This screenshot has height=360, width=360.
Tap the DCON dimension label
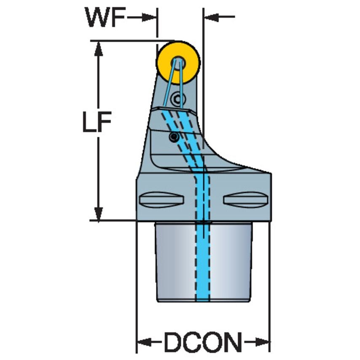203,341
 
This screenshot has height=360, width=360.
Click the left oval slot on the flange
162,199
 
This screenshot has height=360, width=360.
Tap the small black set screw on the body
173,137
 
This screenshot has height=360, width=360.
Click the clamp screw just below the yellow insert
178,99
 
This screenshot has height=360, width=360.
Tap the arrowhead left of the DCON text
144,341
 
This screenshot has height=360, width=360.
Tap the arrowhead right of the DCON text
263,341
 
